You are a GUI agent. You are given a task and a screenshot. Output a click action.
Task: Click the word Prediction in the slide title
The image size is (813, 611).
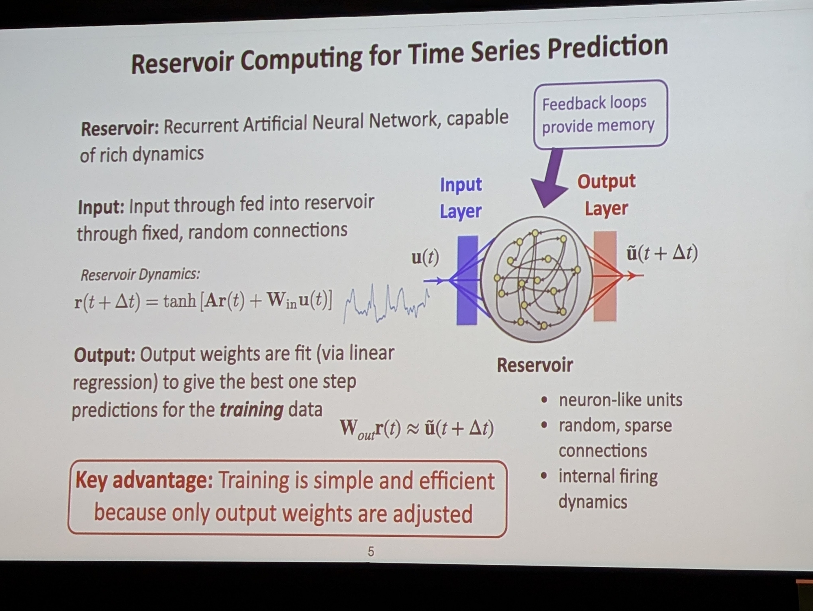(x=608, y=47)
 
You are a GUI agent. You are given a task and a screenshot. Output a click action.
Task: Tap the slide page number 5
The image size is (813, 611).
(x=371, y=551)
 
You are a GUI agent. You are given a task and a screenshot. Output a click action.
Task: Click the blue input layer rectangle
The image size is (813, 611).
(x=467, y=280)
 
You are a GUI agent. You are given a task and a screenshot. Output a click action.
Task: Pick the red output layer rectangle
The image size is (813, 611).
(x=605, y=276)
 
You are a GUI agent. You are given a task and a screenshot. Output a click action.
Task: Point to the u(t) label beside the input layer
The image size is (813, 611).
(x=425, y=257)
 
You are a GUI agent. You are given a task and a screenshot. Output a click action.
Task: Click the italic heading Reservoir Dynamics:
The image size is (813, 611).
(x=140, y=275)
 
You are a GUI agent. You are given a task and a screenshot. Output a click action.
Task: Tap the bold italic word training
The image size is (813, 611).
(x=251, y=410)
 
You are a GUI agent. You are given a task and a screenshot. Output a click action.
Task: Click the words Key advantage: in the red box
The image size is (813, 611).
(x=144, y=481)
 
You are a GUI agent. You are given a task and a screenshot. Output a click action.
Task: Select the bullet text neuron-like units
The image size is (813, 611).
(x=620, y=400)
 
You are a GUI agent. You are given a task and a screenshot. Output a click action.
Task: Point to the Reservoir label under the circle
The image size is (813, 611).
(x=535, y=365)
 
